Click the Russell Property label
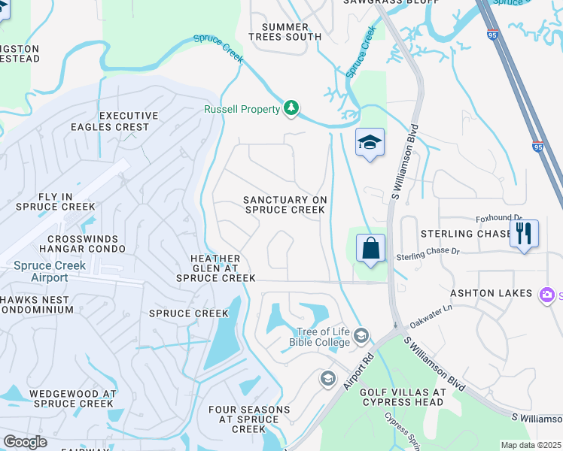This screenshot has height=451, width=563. click(x=242, y=109)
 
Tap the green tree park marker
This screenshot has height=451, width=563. click(x=291, y=109)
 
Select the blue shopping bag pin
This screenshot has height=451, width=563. click(x=370, y=249)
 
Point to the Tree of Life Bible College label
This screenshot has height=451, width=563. click(x=320, y=337)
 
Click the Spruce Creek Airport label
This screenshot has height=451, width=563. click(x=50, y=271)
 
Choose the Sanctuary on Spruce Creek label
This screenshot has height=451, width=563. click(x=285, y=204)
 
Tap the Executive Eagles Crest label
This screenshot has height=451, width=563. click(x=129, y=122)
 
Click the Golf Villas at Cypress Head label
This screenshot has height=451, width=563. click(x=403, y=398)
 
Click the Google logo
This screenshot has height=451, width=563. click(x=26, y=441)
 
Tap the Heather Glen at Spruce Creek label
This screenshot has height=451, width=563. click(x=215, y=268)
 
